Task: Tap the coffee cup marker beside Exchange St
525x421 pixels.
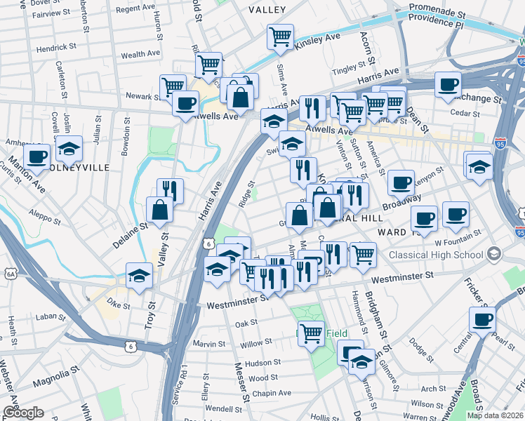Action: (x=448, y=85)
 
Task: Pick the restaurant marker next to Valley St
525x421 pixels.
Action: (x=170, y=190)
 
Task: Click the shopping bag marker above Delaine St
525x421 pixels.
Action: (x=160, y=209)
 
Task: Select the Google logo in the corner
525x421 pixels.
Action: (x=23, y=413)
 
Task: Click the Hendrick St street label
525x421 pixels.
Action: (x=56, y=47)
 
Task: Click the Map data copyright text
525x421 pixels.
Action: (x=495, y=415)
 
